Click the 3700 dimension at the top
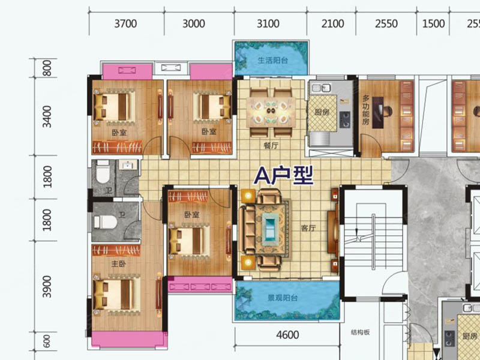coord(125,23)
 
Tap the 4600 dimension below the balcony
coord(287,335)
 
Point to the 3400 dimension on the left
coord(47,116)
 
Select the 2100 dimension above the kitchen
coord(332,23)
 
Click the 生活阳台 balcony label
coord(273,61)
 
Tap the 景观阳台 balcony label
coord(283,298)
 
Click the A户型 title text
coord(284,175)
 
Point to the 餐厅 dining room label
coord(271,145)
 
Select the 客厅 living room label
coord(308,228)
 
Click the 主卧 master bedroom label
coord(118,263)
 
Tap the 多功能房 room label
coord(366,110)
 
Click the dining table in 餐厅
coord(271,112)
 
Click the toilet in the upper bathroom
coord(103,172)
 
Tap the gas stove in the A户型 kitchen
coord(344,119)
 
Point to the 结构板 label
coord(361,332)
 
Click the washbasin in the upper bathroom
coord(127,165)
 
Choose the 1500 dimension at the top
coord(433,23)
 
